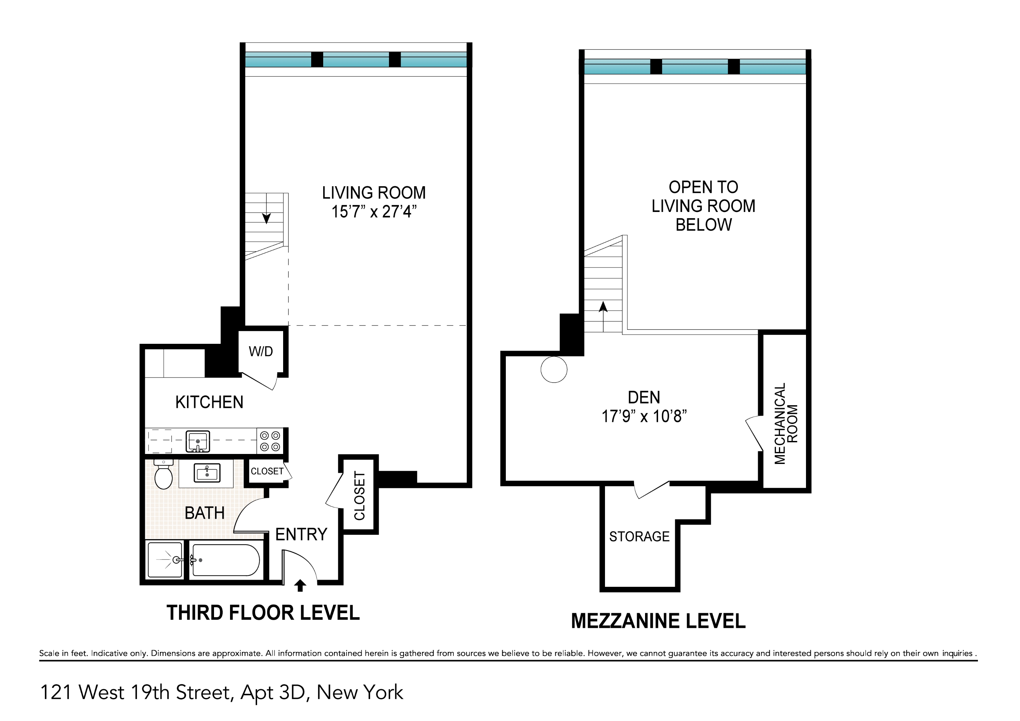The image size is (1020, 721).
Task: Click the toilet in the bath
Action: pyautogui.click(x=164, y=476)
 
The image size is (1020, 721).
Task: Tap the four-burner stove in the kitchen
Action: pyautogui.click(x=270, y=441)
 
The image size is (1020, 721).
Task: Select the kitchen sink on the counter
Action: pyautogui.click(x=198, y=441)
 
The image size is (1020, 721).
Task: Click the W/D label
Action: pyautogui.click(x=261, y=351)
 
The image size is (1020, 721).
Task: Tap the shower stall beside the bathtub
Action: pyautogui.click(x=165, y=560)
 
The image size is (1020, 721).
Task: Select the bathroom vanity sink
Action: pyautogui.click(x=207, y=473)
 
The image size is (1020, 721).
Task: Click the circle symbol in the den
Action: pyautogui.click(x=554, y=369)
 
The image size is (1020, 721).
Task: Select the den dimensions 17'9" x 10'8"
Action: pyautogui.click(x=644, y=416)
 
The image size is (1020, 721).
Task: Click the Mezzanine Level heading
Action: pyautogui.click(x=658, y=621)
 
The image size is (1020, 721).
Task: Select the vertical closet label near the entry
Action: pyautogui.click(x=359, y=496)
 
